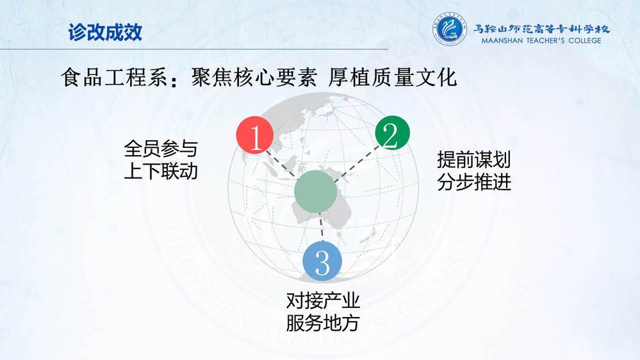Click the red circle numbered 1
coord(255,135)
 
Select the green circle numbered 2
coord(392,133)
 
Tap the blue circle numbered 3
coord(322,261)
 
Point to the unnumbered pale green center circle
coord(315,192)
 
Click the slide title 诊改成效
coord(105,32)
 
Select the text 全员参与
coord(161,149)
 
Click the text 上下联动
coord(161,171)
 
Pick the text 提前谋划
coord(474,160)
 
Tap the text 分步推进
coord(474,182)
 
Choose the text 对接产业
coord(322,301)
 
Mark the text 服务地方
coord(322,323)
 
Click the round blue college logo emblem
coord(449,29)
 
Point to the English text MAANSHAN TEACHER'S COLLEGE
coord(541,40)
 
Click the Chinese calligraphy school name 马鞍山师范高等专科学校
coord(541,29)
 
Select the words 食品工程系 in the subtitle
coord(114,78)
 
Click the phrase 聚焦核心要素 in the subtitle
coord(254,78)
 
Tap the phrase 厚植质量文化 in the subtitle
coord(392,78)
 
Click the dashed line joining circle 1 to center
coord(281,164)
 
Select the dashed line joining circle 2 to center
coord(356,164)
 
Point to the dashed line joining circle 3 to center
coord(321,228)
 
